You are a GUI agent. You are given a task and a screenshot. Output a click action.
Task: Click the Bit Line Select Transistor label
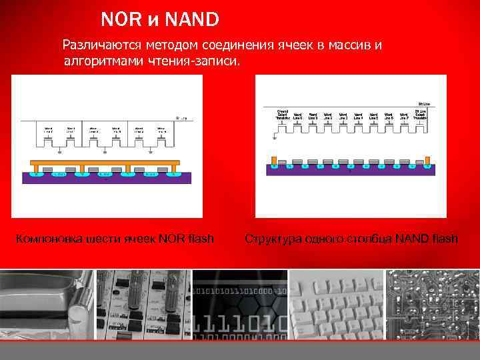(420, 114)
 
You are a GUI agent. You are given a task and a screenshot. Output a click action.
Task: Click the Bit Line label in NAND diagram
(423, 104)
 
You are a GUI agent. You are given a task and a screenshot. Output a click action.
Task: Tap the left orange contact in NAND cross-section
(273, 161)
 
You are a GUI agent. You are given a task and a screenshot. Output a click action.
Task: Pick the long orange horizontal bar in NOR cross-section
(106, 162)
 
